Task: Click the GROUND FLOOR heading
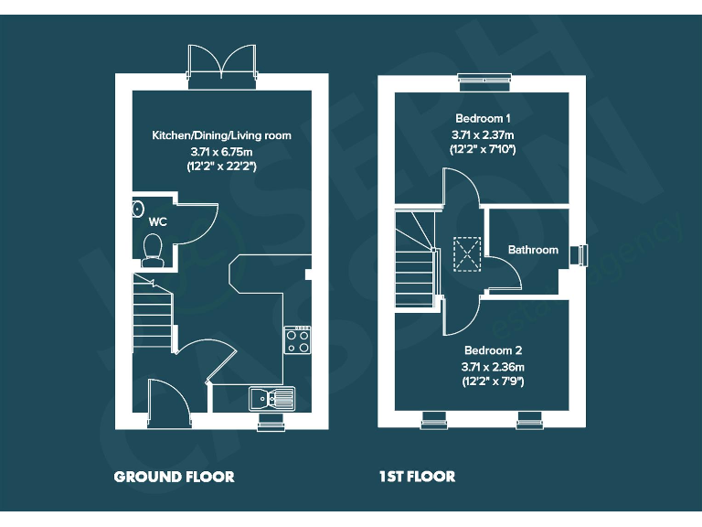pos(174,477)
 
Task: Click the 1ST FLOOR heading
pos(417,477)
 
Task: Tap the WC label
pos(157,221)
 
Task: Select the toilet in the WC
pos(153,247)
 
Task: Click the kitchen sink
pos(271,398)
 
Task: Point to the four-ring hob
pos(298,340)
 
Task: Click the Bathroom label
pos(533,250)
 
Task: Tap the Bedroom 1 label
pos(483,119)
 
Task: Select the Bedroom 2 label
pos(493,350)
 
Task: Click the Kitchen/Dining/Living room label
pos(221,135)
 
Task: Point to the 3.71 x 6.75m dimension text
pos(221,151)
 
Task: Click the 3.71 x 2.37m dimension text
pos(483,134)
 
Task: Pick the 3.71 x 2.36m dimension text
pos(493,366)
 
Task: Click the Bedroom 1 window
pos(483,81)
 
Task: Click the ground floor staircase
pos(153,311)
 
